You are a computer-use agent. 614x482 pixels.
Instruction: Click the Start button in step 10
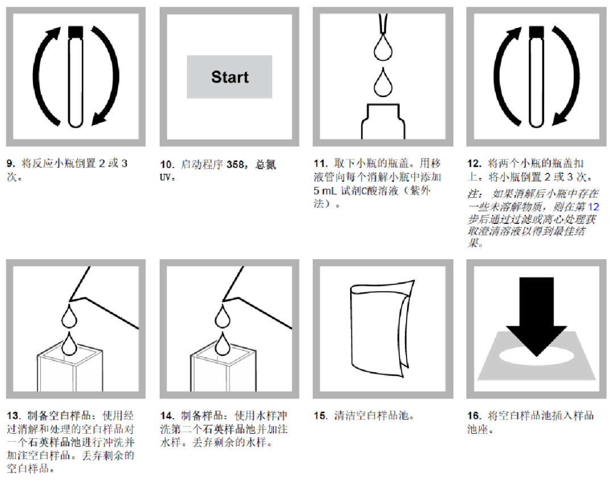[230, 77]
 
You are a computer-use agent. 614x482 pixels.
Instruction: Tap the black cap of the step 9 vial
[76, 32]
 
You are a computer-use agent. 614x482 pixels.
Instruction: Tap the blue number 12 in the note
[592, 207]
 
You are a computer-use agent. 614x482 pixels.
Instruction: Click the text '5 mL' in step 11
[326, 190]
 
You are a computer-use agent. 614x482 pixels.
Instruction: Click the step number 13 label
[14, 415]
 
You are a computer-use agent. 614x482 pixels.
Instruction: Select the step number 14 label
[167, 415]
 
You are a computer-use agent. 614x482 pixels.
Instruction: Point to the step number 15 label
[321, 415]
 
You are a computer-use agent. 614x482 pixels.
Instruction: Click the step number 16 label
[474, 415]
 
